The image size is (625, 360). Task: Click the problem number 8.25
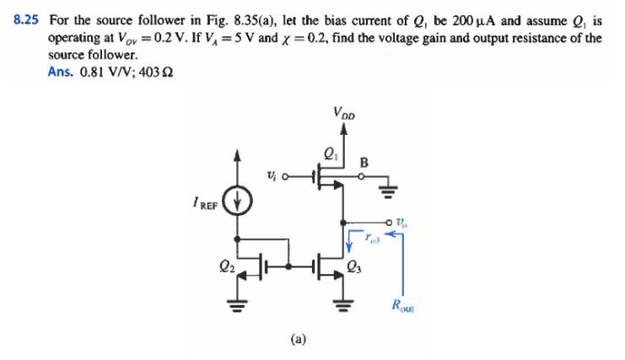click(26, 16)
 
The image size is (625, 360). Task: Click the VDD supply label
click(344, 111)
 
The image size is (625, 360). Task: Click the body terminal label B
click(364, 161)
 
